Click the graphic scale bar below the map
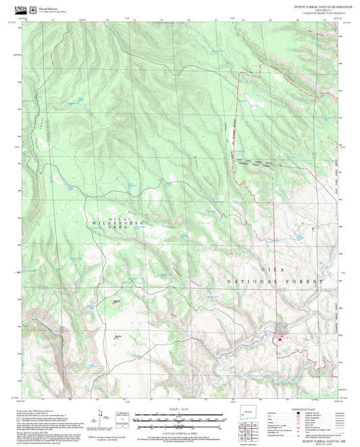pos(180,418)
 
